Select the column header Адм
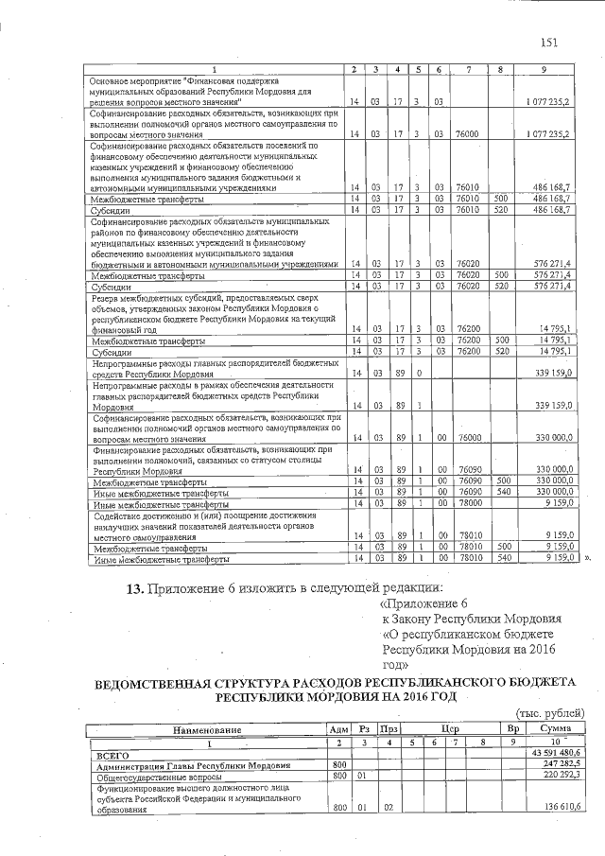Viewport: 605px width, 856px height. (337, 729)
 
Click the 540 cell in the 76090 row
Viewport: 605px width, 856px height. (503, 493)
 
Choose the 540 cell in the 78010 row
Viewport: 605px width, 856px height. (503, 559)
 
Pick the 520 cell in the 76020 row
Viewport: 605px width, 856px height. (503, 285)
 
